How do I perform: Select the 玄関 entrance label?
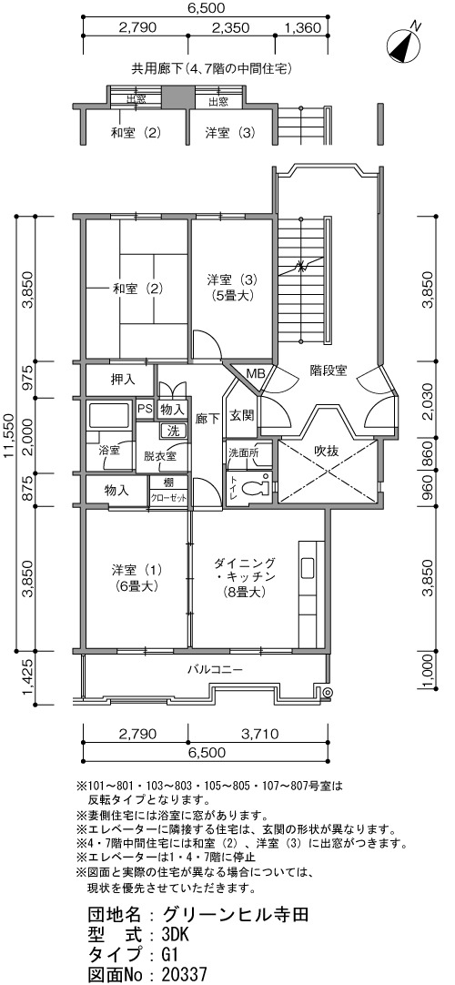coord(241,415)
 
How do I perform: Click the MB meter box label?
coord(256,374)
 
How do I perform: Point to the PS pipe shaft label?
coord(145,409)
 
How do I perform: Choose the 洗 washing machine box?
coord(173,431)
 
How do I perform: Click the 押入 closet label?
coord(122,379)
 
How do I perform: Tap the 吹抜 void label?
coord(327,451)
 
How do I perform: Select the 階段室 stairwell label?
coord(328,370)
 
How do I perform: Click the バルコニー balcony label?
coord(214,669)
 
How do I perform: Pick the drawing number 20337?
coord(184,974)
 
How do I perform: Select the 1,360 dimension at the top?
coord(303,27)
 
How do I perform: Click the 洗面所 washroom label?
coord(240,452)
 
